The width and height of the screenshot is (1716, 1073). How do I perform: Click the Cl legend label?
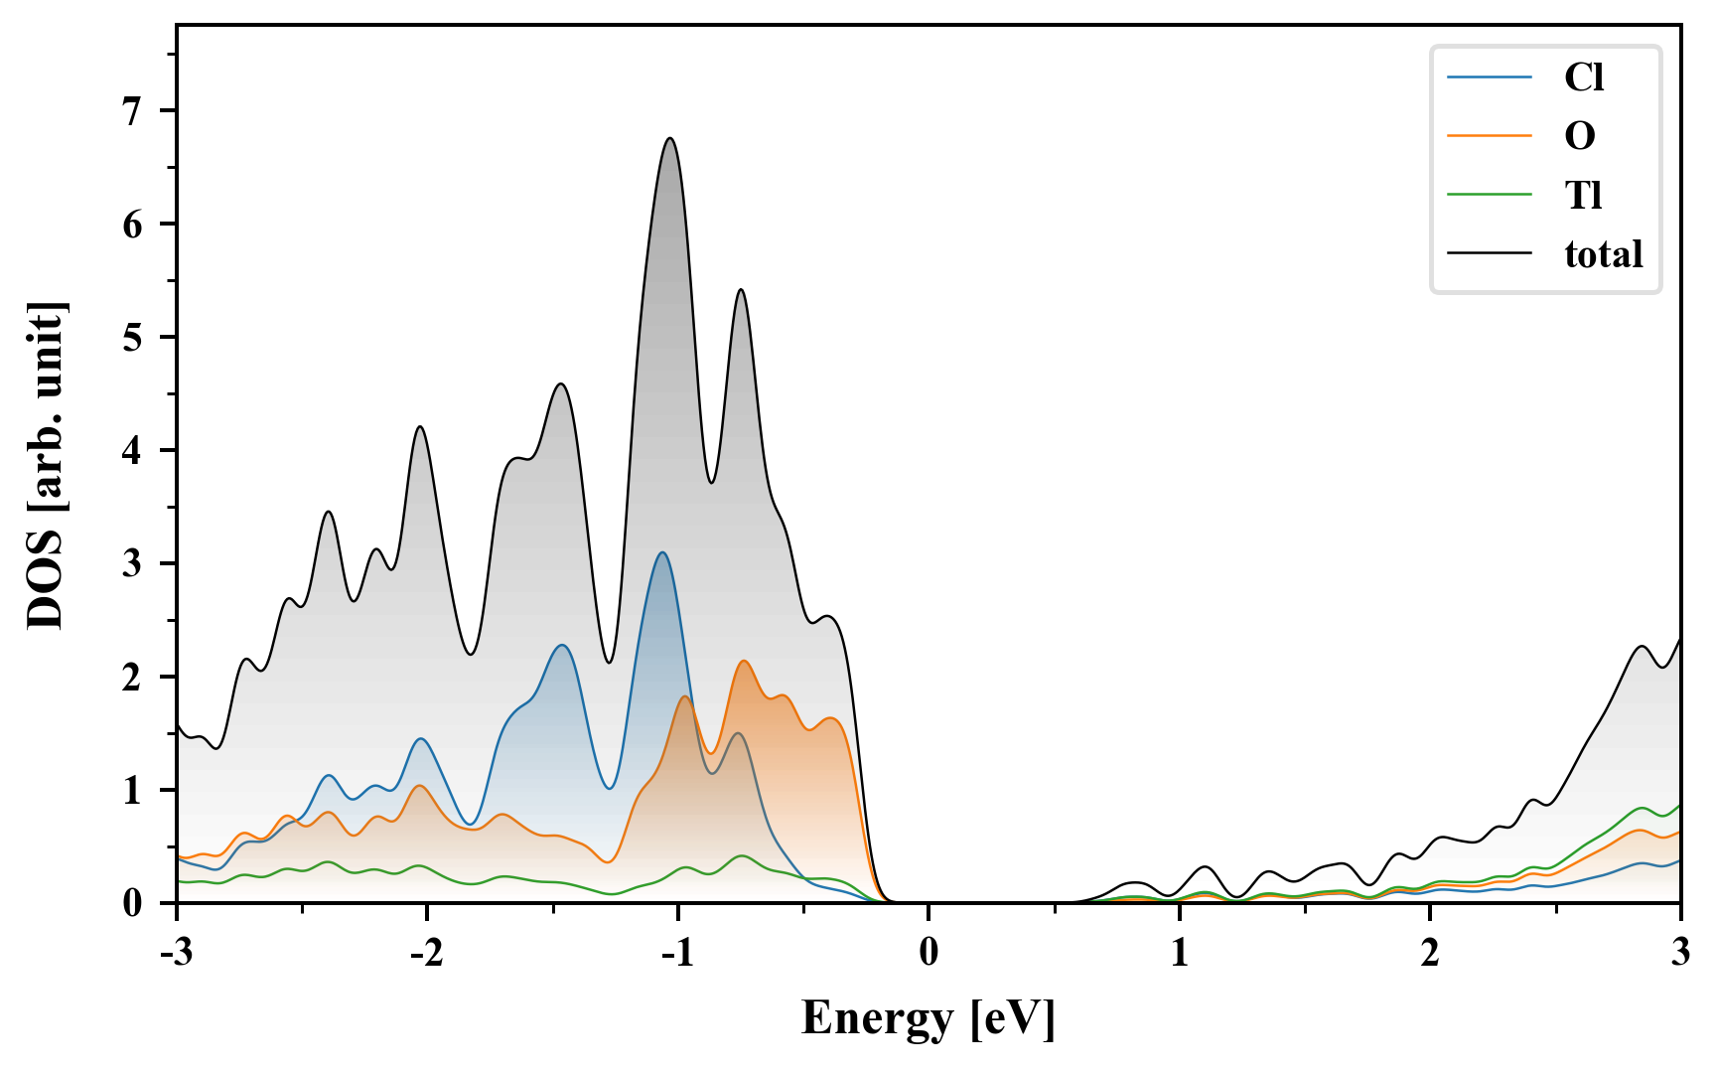(1584, 77)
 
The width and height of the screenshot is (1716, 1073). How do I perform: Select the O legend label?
(1580, 136)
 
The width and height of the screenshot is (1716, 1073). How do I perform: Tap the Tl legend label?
(1584, 195)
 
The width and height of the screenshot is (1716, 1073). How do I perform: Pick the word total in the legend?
(1604, 254)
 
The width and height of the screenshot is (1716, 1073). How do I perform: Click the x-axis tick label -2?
(426, 953)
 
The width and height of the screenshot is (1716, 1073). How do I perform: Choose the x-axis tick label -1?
(676, 953)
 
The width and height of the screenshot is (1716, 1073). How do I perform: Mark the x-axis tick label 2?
(1430, 953)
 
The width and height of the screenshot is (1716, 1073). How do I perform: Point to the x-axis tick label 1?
(1179, 953)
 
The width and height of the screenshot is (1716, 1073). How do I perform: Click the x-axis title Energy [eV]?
(929, 1018)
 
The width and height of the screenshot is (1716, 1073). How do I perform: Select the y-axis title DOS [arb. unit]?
(46, 465)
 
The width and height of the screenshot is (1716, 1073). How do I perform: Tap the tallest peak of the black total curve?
(670, 138)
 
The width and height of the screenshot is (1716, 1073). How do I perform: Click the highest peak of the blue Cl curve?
(661, 552)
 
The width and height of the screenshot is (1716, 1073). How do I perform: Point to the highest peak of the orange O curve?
(744, 661)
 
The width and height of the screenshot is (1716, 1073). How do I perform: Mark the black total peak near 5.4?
(741, 289)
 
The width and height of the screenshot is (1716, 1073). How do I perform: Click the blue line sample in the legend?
(1489, 77)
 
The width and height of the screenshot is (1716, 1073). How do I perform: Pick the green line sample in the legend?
(1489, 195)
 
